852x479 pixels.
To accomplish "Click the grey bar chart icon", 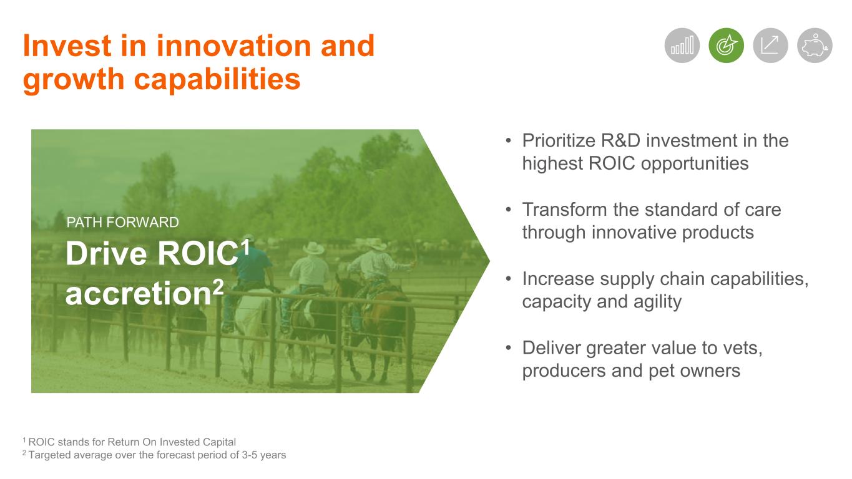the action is [x=682, y=46].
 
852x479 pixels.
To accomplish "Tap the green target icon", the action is [x=726, y=46].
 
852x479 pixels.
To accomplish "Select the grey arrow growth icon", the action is [x=770, y=46].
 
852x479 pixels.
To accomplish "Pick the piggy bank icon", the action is [x=815, y=46].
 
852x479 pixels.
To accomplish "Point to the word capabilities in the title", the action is [x=217, y=79].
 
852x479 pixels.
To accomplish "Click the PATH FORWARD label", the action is [x=122, y=222].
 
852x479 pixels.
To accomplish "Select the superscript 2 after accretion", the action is [x=218, y=288].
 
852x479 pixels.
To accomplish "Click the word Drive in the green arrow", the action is [x=106, y=254].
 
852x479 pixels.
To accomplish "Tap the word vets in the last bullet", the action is [x=742, y=348].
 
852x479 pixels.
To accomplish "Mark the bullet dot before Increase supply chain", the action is [x=509, y=279].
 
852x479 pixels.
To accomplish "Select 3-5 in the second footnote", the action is [x=249, y=455].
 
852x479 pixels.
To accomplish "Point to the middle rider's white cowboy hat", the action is [x=313, y=248].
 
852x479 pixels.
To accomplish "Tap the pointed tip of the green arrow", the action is [x=489, y=261].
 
